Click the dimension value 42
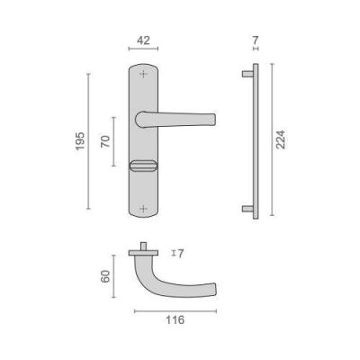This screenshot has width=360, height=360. coord(143,40)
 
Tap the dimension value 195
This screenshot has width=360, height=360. coord(80,141)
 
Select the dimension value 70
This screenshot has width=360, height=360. coord(105,141)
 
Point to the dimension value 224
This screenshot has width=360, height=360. coord(281,139)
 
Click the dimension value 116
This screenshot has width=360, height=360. coord(175,320)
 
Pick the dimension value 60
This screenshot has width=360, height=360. coord(105,276)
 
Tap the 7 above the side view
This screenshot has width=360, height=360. coord(256,40)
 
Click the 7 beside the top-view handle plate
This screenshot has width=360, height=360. coord(180,254)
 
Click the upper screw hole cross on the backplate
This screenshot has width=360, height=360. coord(144,74)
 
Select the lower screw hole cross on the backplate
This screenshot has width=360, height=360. coord(144,208)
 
